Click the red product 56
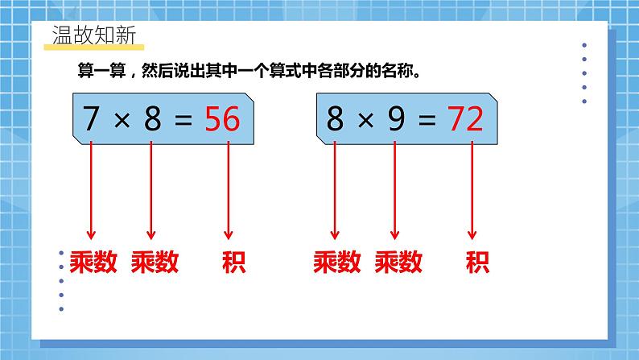coord(221,120)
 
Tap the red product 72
coord(464,120)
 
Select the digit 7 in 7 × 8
coord(92,120)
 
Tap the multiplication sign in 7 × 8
coord(122,121)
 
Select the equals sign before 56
coord(184,121)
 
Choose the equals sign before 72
coord(427,121)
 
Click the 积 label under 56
coord(233,262)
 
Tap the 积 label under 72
coord(476,262)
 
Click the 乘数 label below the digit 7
coord(92,262)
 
